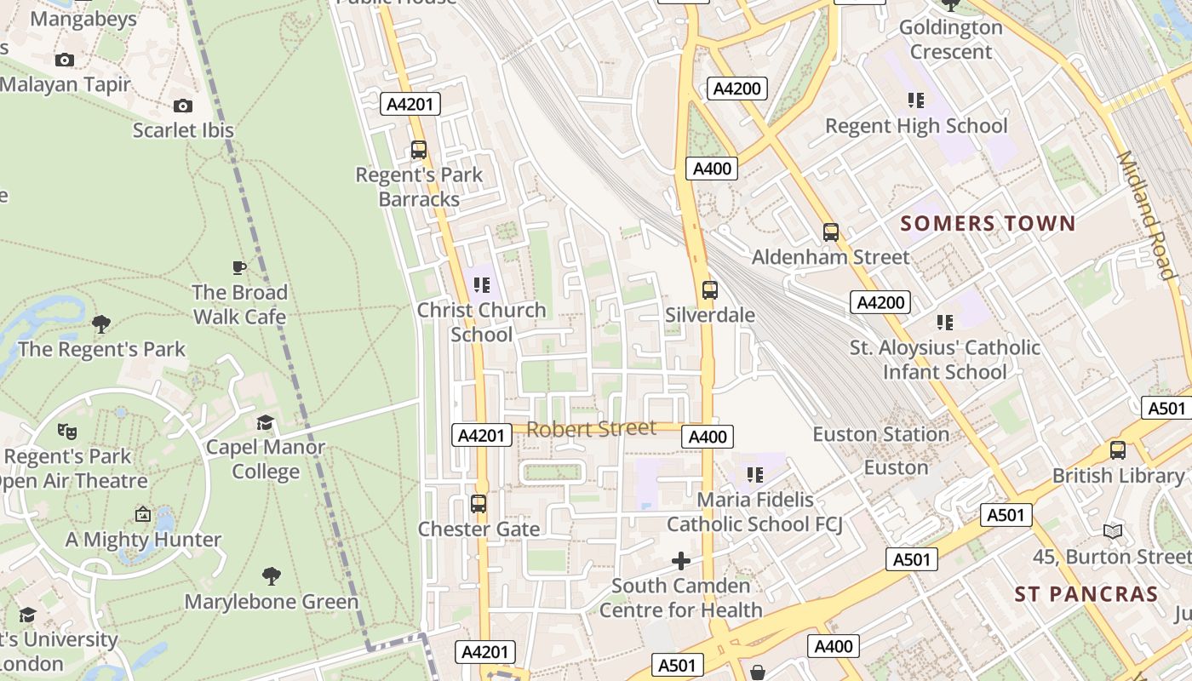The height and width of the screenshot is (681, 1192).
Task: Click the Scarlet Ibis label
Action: pyautogui.click(x=183, y=130)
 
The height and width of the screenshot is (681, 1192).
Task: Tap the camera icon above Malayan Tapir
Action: pyautogui.click(x=64, y=60)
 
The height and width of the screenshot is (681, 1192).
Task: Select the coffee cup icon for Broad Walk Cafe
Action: pyautogui.click(x=239, y=267)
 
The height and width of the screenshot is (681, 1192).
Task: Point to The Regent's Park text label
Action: pyautogui.click(x=101, y=349)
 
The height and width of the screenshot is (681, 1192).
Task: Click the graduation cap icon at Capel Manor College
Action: pyautogui.click(x=266, y=422)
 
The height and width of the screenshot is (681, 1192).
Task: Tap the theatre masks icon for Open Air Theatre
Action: pyautogui.click(x=67, y=432)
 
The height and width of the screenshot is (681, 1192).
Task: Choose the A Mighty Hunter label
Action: pyautogui.click(x=143, y=540)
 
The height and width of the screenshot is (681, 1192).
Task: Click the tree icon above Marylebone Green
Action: pyautogui.click(x=272, y=576)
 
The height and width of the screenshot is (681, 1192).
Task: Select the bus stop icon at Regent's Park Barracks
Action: pyautogui.click(x=419, y=150)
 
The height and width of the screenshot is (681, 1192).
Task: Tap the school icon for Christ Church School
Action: pyautogui.click(x=482, y=285)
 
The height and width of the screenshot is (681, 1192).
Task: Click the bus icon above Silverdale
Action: pyautogui.click(x=710, y=290)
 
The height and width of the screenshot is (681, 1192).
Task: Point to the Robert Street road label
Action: pyautogui.click(x=591, y=428)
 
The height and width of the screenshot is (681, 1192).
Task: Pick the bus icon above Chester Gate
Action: pyautogui.click(x=479, y=504)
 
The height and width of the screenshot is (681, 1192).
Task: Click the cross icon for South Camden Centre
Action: pyautogui.click(x=681, y=561)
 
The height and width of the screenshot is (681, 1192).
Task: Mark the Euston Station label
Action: pyautogui.click(x=880, y=434)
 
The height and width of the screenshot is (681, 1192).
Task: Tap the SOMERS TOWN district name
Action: pyautogui.click(x=988, y=224)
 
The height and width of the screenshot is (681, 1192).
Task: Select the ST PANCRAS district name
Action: pyautogui.click(x=1086, y=594)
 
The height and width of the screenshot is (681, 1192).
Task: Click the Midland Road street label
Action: pyautogui.click(x=1146, y=215)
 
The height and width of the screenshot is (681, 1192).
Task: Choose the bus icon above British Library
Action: pyautogui.click(x=1118, y=450)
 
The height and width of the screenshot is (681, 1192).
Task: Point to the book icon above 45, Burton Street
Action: pyautogui.click(x=1113, y=531)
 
